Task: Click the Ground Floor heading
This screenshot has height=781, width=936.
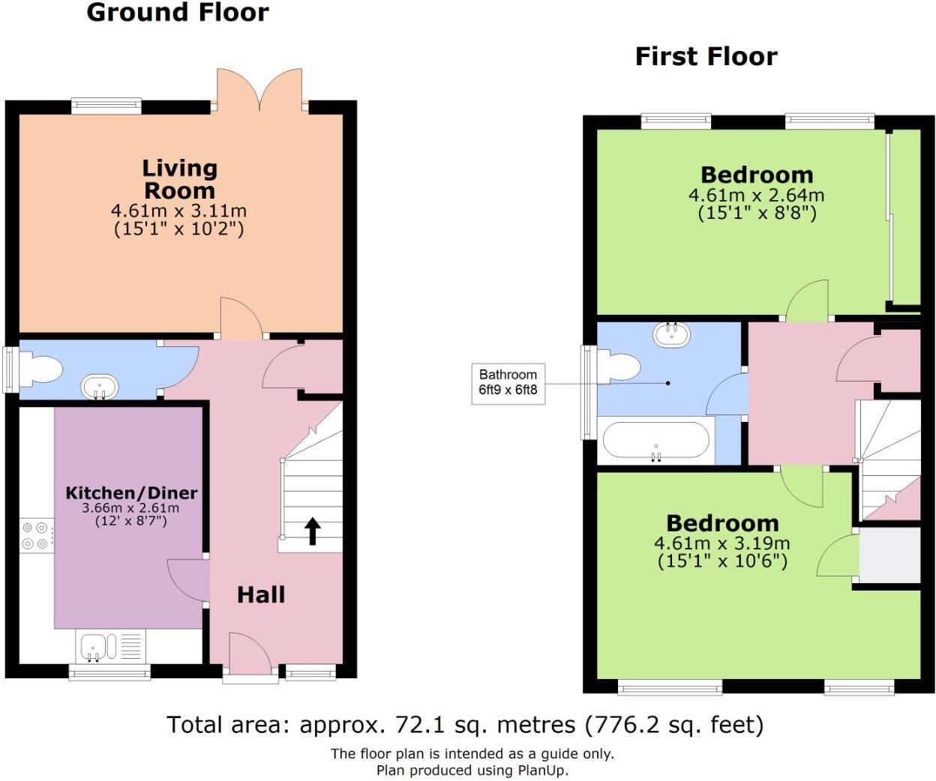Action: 178,13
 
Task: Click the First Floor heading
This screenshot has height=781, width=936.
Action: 706,57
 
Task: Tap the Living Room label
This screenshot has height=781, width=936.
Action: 180,179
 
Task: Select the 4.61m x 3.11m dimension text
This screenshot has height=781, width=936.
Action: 178,211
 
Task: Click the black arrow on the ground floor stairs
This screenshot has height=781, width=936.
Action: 313,531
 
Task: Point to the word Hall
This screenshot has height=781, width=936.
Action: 261,595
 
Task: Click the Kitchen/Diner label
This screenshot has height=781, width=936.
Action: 132,493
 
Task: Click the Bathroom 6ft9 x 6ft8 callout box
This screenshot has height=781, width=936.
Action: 508,383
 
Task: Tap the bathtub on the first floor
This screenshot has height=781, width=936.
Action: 655,440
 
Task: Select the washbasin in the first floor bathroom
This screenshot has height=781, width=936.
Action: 671,334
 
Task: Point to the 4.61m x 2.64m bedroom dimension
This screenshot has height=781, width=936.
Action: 756,196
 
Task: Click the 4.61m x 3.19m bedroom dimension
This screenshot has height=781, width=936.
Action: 722,543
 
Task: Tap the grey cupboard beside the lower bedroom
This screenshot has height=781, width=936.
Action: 889,555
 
